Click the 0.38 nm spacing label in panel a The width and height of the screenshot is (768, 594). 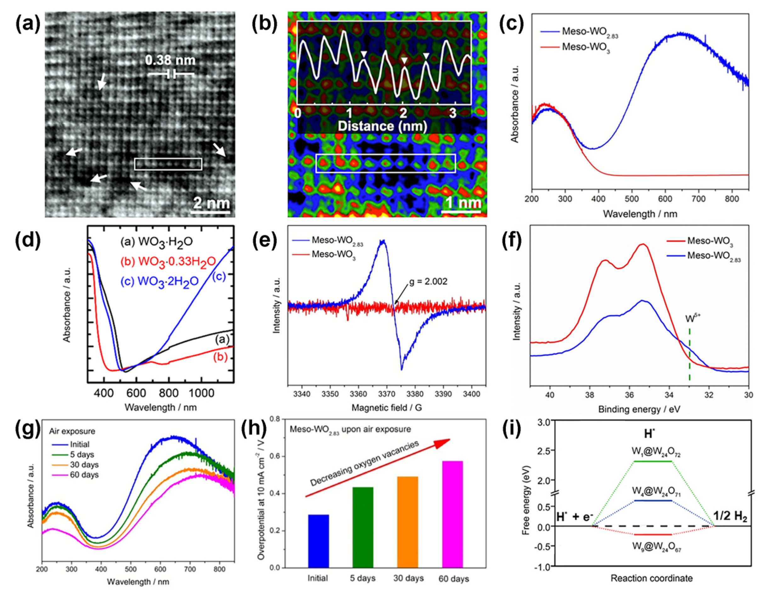pos(170,60)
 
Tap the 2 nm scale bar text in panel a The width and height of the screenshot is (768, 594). pos(211,203)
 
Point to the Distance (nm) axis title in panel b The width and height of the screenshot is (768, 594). pos(382,126)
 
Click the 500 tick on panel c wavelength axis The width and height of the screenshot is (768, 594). pos(632,199)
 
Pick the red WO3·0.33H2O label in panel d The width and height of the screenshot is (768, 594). pos(168,261)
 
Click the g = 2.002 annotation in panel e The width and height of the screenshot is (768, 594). pos(428,281)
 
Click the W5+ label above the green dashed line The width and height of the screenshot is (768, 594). pos(692,319)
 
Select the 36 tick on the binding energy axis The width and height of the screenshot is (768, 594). pos(630,395)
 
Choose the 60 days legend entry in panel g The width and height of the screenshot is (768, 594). pos(84,475)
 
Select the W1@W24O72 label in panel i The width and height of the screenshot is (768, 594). pos(651,454)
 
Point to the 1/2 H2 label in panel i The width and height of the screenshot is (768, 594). pos(730,516)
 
